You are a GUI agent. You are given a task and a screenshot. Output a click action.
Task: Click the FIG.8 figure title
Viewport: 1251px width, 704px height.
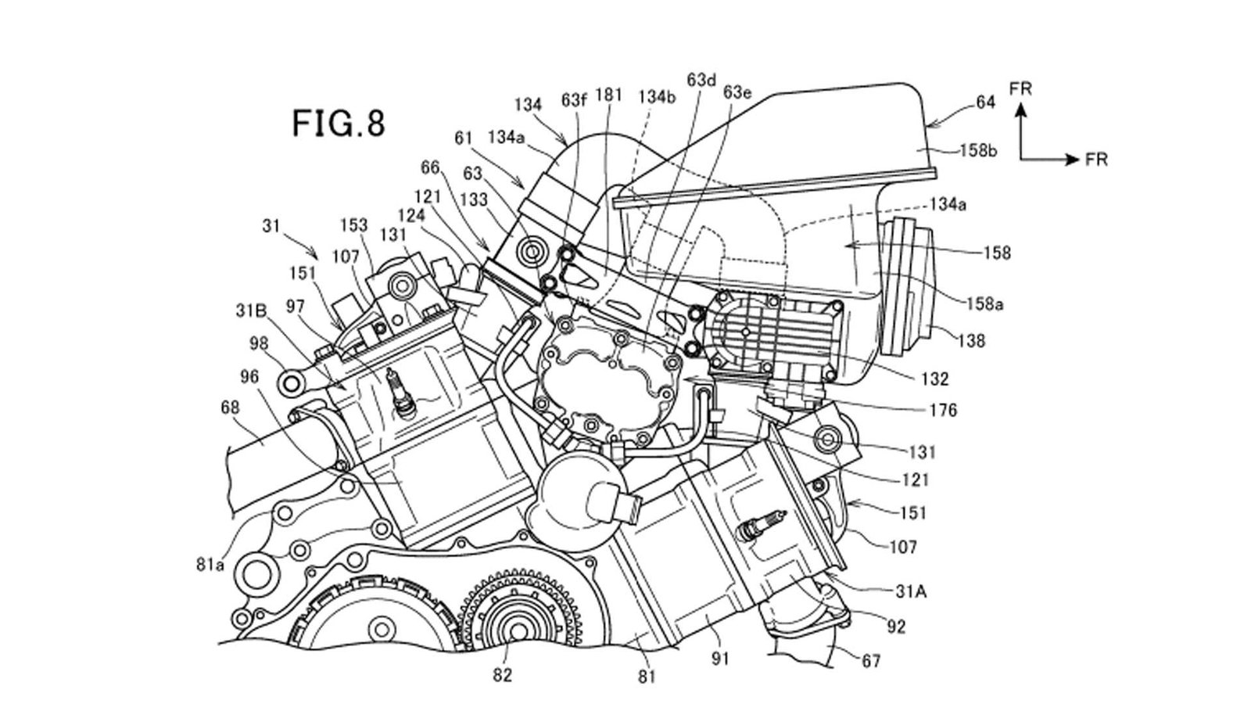[x=339, y=123]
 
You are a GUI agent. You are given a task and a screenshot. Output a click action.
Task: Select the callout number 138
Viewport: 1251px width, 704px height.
[x=971, y=340]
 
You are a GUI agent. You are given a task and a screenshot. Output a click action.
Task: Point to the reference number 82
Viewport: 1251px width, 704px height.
[x=502, y=675]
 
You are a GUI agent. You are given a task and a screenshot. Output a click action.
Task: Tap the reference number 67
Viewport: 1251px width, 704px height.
[x=870, y=662]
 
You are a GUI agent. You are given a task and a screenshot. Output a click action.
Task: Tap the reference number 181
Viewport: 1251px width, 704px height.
[x=608, y=95]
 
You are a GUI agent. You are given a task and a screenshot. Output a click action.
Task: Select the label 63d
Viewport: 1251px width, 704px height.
[x=701, y=80]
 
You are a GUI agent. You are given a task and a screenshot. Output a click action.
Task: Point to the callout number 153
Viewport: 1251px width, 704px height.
[x=353, y=225]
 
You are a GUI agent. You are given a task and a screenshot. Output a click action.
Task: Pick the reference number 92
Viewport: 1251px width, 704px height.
[x=895, y=627]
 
